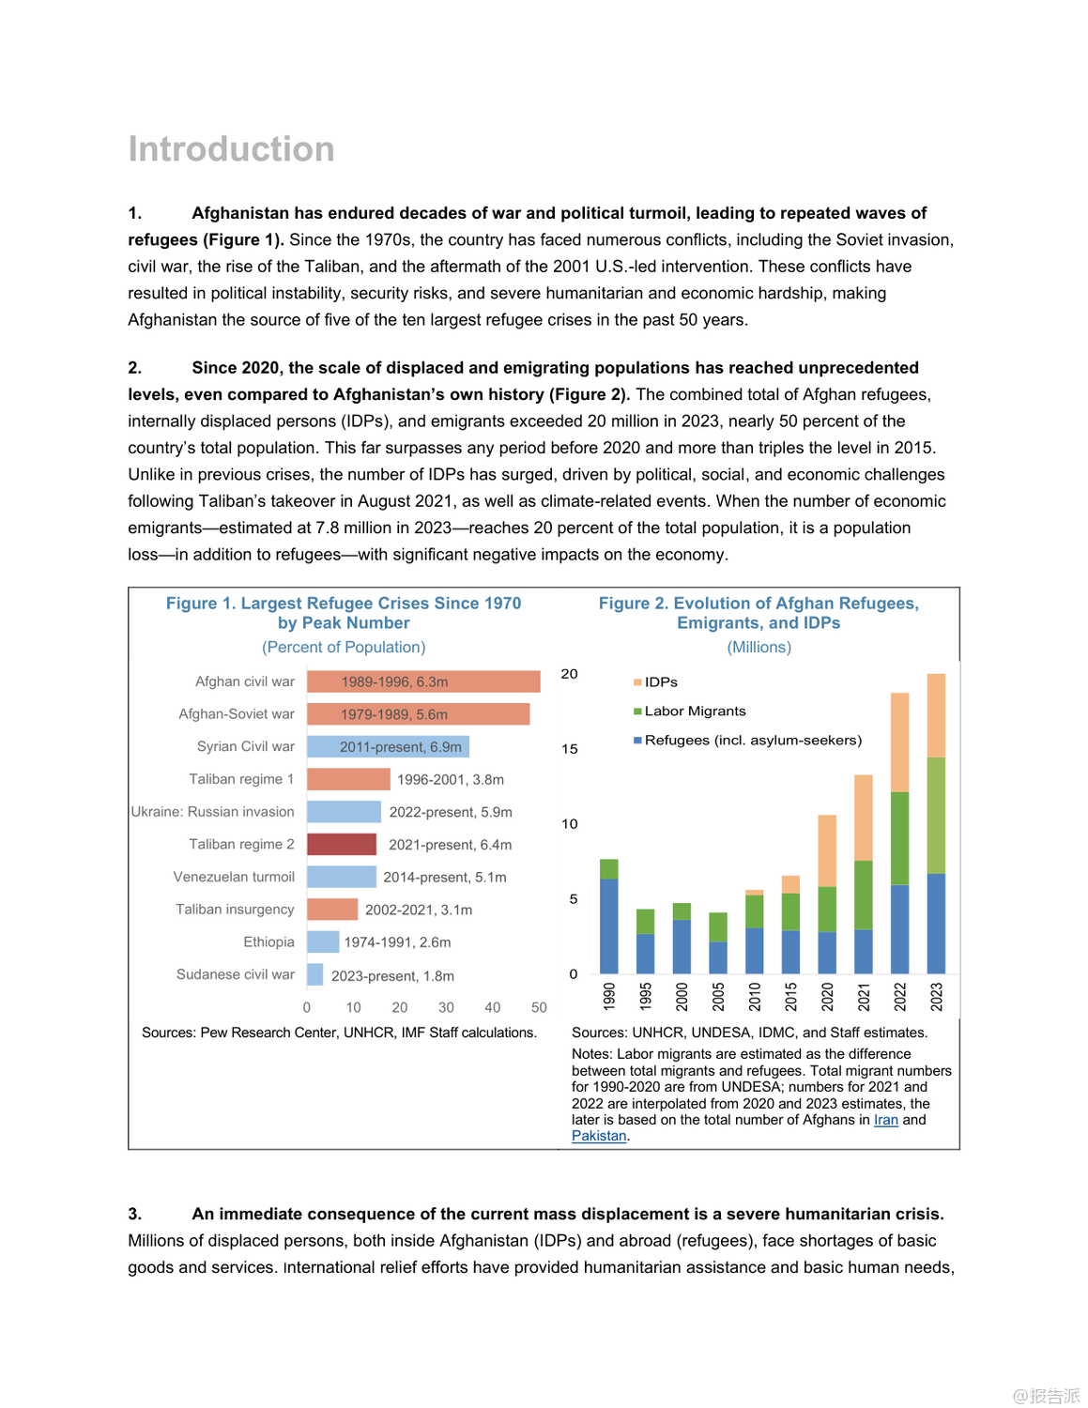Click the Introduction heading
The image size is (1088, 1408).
(231, 149)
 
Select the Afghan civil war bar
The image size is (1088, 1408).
(423, 681)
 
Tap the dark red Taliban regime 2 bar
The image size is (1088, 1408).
(342, 844)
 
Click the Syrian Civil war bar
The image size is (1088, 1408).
(388, 746)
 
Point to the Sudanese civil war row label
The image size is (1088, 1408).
(236, 974)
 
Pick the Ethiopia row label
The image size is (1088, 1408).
(268, 941)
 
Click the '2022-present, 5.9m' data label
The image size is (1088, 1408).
(451, 812)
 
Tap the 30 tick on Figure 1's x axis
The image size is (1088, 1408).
(446, 1007)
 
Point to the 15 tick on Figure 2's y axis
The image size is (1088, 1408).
(570, 749)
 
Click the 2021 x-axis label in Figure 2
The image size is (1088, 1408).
(864, 996)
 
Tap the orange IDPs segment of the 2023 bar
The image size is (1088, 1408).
(936, 715)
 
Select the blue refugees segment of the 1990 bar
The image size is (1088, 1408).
(608, 926)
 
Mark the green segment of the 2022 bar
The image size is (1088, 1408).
(899, 838)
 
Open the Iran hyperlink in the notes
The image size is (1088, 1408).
(886, 1120)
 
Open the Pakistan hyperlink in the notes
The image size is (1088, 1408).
(599, 1136)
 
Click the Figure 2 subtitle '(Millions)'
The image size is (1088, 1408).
(759, 648)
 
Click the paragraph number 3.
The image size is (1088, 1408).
(134, 1214)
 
